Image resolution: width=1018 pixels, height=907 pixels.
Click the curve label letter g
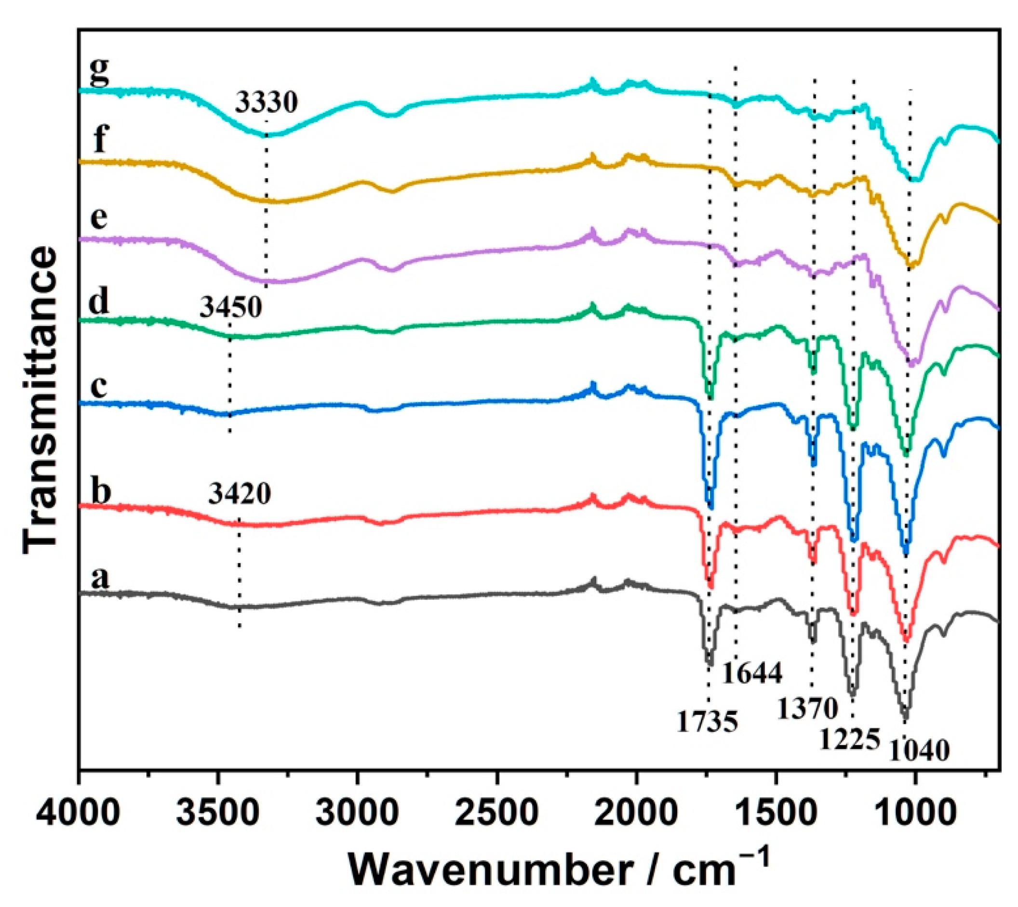point(99,73)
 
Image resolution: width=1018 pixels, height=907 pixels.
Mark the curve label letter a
point(99,578)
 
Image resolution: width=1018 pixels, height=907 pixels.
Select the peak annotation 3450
point(230,307)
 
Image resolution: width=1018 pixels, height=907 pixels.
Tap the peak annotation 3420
point(240,494)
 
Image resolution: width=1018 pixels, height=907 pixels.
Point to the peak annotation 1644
point(752,673)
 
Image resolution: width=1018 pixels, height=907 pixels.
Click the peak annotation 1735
point(707,721)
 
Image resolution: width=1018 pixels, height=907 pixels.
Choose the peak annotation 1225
point(849,739)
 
